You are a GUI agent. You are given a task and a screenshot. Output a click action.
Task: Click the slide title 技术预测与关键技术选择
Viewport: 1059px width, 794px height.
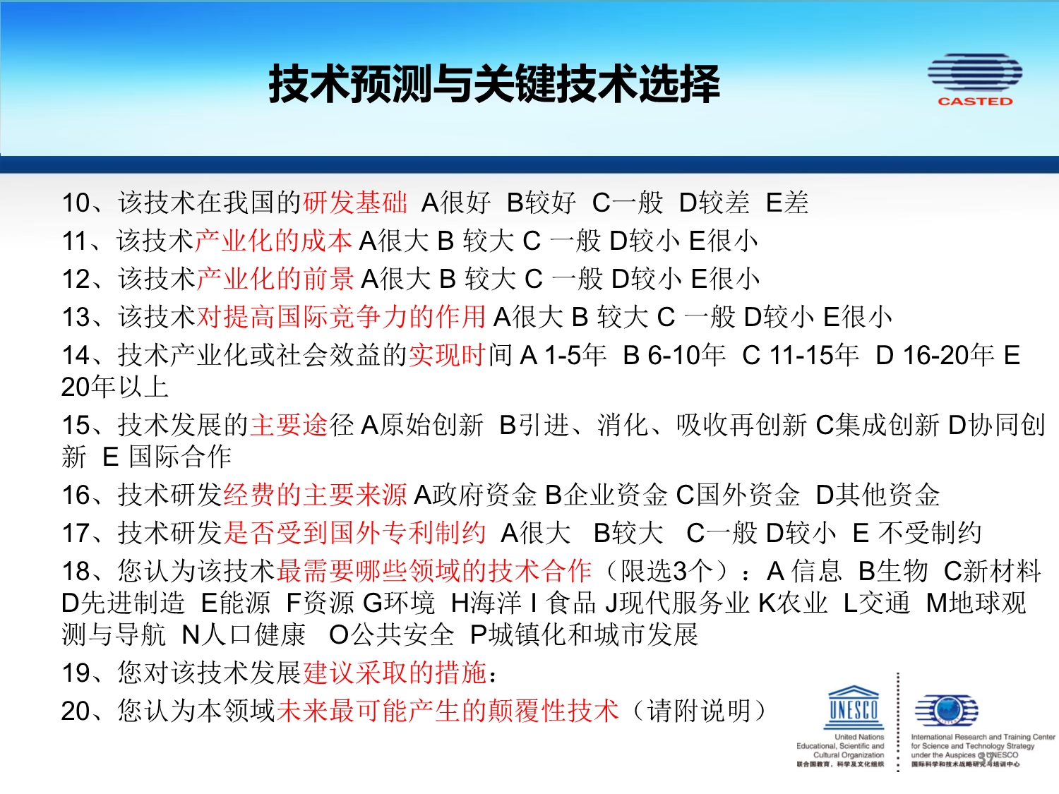(494, 84)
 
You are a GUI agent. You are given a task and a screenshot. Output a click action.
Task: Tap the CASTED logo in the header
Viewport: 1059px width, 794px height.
(974, 80)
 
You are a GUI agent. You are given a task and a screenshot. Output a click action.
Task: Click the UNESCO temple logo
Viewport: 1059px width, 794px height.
(856, 707)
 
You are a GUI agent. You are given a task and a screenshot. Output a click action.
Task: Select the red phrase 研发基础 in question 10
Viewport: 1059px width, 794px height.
(355, 203)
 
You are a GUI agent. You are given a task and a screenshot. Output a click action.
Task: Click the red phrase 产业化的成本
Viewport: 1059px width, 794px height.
(273, 241)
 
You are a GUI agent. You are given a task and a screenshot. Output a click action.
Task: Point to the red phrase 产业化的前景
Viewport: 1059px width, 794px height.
(275, 279)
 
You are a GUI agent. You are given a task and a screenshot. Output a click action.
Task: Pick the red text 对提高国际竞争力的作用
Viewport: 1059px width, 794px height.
(341, 317)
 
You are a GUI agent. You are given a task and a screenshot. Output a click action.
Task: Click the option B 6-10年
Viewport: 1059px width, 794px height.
(674, 355)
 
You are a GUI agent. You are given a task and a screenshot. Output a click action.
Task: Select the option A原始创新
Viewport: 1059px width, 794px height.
(422, 425)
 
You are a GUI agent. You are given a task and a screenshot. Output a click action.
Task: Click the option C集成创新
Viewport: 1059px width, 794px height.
(878, 425)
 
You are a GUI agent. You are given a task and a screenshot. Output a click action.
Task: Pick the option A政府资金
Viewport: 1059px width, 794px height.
(476, 495)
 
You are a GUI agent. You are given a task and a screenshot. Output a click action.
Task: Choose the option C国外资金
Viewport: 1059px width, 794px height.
(738, 495)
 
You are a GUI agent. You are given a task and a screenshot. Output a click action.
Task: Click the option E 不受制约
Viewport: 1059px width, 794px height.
(917, 533)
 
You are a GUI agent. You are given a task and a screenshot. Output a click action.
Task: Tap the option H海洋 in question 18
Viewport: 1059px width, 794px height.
(486, 603)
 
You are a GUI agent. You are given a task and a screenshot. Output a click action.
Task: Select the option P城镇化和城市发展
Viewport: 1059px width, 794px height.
(585, 634)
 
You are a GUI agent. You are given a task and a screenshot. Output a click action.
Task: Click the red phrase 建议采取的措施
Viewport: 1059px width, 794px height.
(395, 673)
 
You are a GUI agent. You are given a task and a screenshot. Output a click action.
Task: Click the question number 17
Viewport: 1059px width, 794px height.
(76, 534)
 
